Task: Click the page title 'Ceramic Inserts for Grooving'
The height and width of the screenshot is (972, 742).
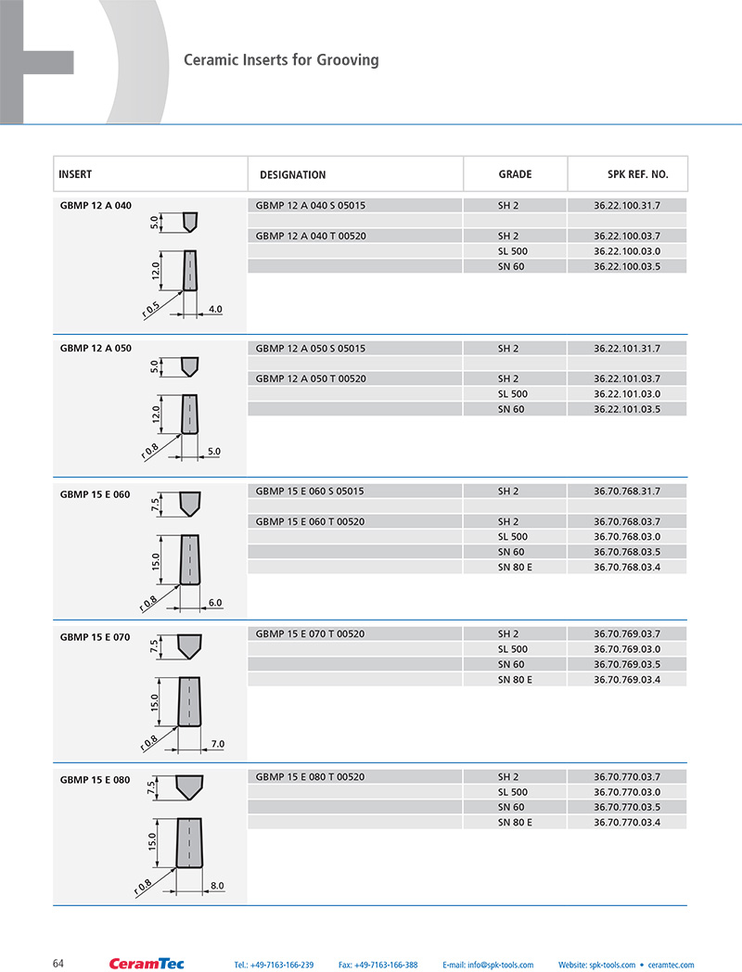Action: click(x=281, y=60)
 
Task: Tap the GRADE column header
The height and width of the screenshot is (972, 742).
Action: click(x=515, y=174)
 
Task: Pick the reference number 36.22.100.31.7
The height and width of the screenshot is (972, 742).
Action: click(x=626, y=205)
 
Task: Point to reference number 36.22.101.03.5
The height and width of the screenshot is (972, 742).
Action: click(x=626, y=409)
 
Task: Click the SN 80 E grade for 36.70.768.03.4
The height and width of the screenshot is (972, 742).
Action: click(x=515, y=567)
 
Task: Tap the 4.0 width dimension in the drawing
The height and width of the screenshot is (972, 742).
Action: click(x=215, y=309)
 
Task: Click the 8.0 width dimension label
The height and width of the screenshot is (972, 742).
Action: click(x=217, y=886)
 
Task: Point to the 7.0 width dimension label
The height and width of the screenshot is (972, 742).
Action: click(x=217, y=744)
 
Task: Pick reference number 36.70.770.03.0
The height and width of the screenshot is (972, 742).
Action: click(x=626, y=792)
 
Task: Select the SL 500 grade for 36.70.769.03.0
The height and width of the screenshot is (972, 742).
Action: click(x=512, y=649)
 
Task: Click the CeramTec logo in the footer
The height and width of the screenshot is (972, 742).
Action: click(x=147, y=964)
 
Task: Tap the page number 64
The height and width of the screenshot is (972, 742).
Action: click(x=58, y=964)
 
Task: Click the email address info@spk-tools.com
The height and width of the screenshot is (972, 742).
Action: click(x=488, y=965)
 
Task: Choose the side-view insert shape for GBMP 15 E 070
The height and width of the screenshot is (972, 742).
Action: click(x=190, y=700)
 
